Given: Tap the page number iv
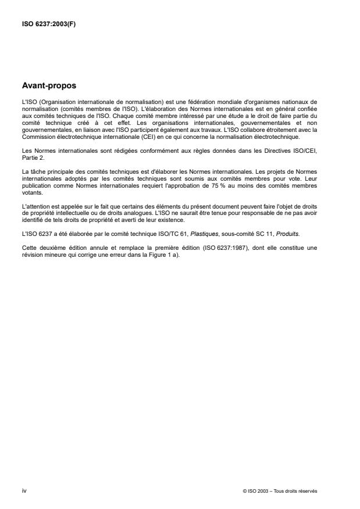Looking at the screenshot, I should [x=24, y=491].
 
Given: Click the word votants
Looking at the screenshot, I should [x=31, y=195].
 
